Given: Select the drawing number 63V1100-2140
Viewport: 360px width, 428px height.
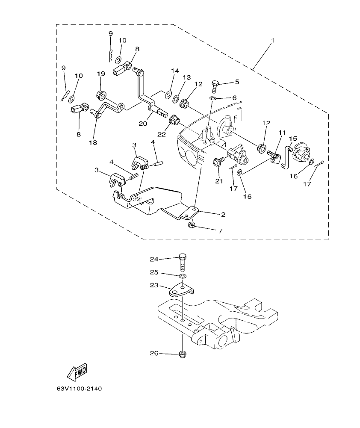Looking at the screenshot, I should coord(79,389).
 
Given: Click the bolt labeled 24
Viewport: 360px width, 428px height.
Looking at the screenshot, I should coord(183,262).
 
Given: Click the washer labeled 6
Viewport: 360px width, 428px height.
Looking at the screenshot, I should coord(213,98).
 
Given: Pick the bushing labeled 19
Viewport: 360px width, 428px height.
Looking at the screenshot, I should coord(101,94).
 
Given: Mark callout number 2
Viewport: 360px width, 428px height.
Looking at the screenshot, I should coord(223,214).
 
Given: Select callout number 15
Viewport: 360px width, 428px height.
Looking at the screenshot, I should coord(292,139).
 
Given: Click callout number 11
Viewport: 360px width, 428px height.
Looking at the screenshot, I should coord(282,133).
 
